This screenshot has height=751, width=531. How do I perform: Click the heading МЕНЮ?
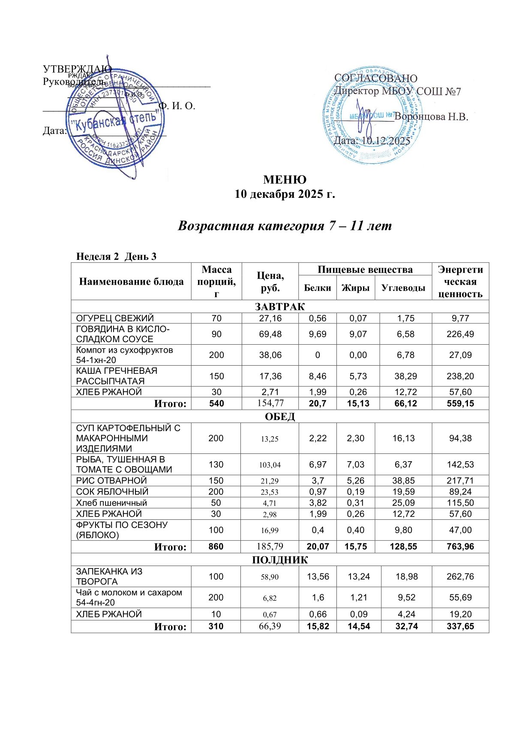pyautogui.click(x=285, y=179)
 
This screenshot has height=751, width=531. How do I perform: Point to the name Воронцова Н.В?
pyautogui.click(x=431, y=116)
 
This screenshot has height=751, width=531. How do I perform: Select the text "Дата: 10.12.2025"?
pyautogui.click(x=372, y=140)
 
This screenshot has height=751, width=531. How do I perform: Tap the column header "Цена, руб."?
pyautogui.click(x=270, y=282)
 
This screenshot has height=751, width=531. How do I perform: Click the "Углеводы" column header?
pyautogui.click(x=403, y=288)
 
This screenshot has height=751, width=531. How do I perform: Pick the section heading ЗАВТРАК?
pyautogui.click(x=279, y=307)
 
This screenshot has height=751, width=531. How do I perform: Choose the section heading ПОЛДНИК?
pyautogui.click(x=279, y=560)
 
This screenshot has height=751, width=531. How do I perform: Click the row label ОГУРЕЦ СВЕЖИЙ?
pyautogui.click(x=115, y=318)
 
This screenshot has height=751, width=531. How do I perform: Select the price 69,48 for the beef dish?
pyautogui.click(x=270, y=334)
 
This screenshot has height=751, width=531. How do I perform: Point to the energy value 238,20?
pyautogui.click(x=460, y=376)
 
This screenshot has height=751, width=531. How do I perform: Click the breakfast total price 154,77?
pyautogui.click(x=270, y=403)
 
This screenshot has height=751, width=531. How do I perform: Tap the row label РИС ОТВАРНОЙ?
pyautogui.click(x=111, y=480)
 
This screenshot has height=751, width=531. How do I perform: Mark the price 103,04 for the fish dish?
pyautogui.click(x=270, y=465)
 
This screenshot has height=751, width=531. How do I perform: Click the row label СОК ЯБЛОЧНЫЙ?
pyautogui.click(x=112, y=492)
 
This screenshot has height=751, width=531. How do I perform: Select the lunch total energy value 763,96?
pyautogui.click(x=460, y=546)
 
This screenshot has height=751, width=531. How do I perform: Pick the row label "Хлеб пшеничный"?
pyautogui.click(x=111, y=503)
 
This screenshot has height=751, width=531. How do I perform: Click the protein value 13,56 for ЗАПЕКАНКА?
pyautogui.click(x=318, y=576)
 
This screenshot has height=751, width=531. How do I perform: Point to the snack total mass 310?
pyautogui.click(x=216, y=626)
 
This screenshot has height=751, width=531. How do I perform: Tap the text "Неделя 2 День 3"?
pyautogui.click(x=116, y=256)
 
